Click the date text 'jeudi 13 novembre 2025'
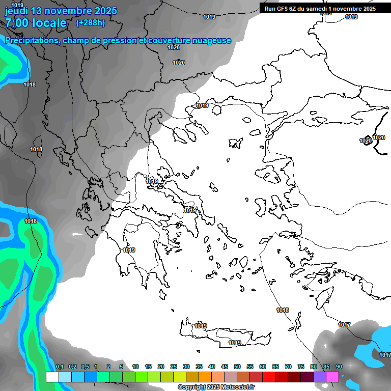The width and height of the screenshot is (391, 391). pos(61,11)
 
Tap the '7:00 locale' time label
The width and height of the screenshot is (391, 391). pos(36,23)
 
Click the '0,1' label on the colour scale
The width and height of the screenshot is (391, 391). pos(59,367)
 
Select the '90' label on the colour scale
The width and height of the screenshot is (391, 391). pos(339,367)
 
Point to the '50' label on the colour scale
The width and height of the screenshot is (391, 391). pos(237,367)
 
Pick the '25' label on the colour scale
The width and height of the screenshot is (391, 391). pos(174,367)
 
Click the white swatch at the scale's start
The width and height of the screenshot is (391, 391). pos(52,377)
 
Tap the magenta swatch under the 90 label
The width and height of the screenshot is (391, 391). pos(332,377)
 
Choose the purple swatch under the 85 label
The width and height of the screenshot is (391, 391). pos(320,377)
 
